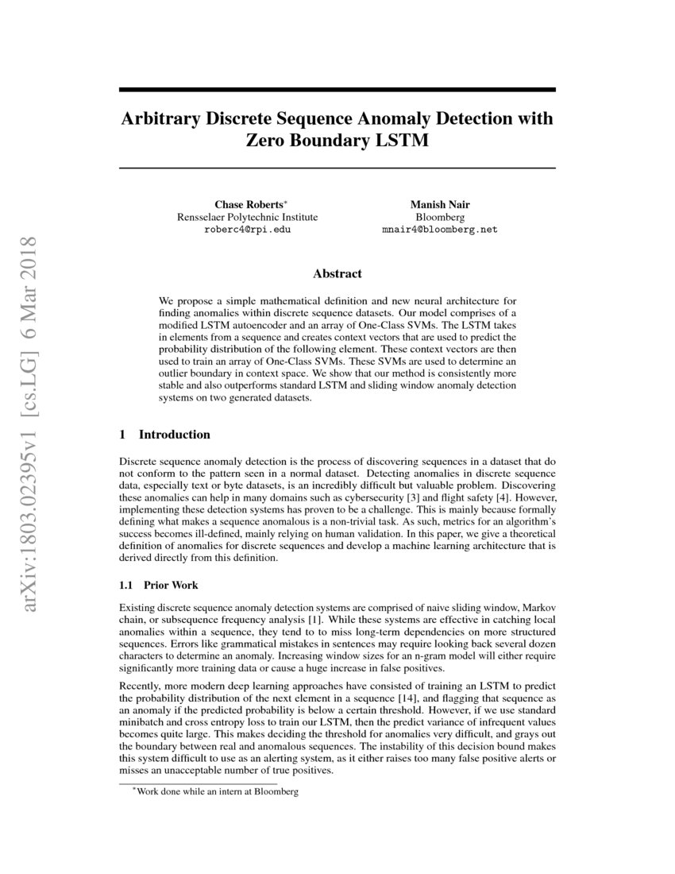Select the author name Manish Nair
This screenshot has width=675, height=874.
pos(439,204)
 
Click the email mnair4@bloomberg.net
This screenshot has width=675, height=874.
pos(439,230)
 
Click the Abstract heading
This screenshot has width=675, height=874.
pos(337,273)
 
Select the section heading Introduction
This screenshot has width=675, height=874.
pos(174,435)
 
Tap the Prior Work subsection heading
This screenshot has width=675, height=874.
pos(171,585)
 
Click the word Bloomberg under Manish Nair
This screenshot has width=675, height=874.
pos(439,217)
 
